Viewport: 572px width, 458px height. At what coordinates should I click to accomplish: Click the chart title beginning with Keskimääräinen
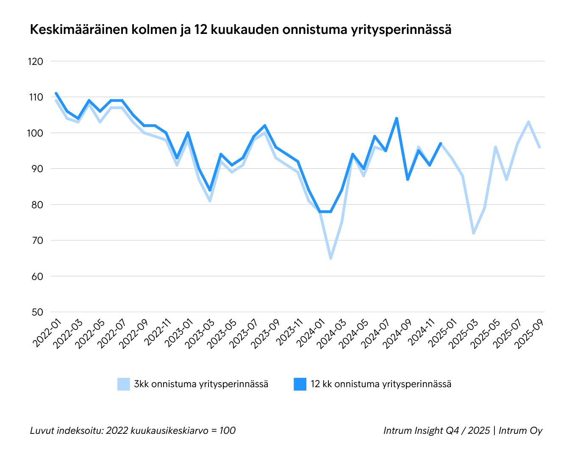[240, 30]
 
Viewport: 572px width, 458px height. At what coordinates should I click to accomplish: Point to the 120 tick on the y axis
[36, 61]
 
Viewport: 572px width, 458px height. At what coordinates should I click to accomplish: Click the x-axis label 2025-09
[529, 335]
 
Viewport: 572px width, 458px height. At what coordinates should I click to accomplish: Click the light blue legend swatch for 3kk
[123, 384]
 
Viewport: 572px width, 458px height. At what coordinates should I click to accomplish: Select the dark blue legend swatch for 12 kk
[300, 384]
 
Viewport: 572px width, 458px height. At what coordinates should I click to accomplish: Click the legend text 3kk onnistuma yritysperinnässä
[201, 384]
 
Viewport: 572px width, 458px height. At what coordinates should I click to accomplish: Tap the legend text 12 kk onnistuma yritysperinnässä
[381, 384]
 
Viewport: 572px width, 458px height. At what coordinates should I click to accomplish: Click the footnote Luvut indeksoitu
[133, 431]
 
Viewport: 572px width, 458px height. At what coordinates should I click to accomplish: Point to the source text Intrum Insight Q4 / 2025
[436, 431]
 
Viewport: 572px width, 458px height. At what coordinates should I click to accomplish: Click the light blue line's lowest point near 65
[331, 258]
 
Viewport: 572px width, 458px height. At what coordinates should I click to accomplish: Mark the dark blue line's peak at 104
[397, 118]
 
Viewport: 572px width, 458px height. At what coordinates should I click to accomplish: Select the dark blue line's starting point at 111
[56, 93]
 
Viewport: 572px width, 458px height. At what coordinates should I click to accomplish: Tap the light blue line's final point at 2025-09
[539, 147]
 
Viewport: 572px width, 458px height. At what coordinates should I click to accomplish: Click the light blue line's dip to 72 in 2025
[474, 233]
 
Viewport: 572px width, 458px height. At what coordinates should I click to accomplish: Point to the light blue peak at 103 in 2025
[528, 122]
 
